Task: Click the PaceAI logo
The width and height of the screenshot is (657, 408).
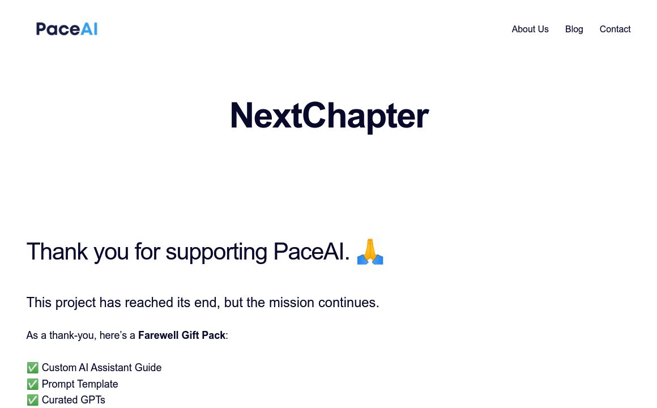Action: click(x=67, y=29)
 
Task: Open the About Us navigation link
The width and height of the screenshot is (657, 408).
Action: click(x=530, y=29)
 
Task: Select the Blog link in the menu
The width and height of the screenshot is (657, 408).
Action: click(x=574, y=29)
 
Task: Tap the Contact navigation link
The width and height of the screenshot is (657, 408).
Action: click(x=615, y=29)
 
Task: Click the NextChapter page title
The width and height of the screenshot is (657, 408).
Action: click(x=328, y=116)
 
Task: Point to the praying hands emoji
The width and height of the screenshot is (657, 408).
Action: click(x=370, y=252)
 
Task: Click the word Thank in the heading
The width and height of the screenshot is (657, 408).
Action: click(x=57, y=252)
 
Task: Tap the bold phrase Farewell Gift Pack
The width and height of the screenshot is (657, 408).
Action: click(x=182, y=335)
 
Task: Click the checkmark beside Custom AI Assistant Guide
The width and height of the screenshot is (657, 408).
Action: click(x=32, y=368)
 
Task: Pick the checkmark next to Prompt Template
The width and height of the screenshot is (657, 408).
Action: click(x=32, y=384)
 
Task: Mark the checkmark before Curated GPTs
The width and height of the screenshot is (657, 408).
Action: click(x=32, y=400)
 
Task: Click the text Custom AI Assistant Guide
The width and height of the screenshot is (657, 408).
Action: click(x=102, y=368)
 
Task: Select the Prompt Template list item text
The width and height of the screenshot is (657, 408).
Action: click(x=80, y=384)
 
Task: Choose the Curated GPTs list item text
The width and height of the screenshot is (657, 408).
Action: click(x=74, y=400)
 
